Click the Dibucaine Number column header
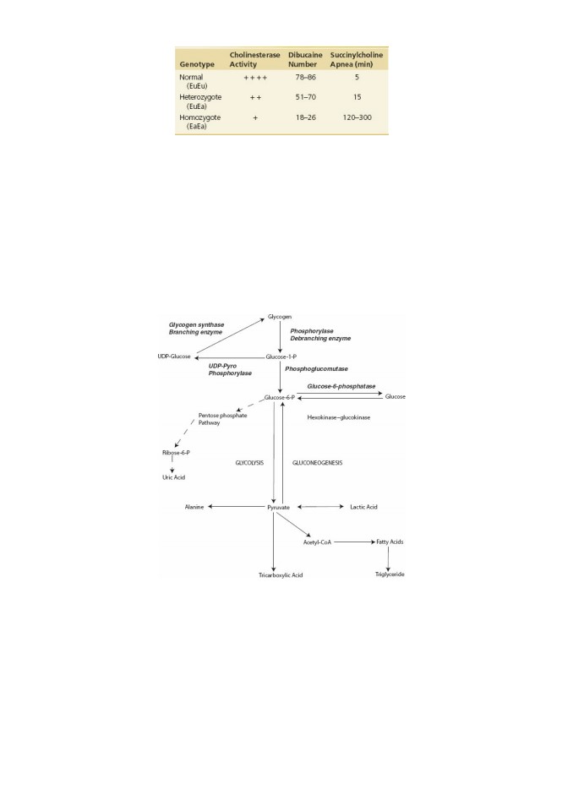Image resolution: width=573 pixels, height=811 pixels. click(x=305, y=59)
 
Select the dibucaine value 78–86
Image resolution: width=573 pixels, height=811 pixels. click(x=305, y=77)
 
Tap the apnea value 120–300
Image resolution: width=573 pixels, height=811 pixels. click(x=357, y=117)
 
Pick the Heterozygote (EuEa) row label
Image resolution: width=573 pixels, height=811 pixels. click(x=200, y=101)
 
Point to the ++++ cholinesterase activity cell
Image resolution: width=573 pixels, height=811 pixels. click(x=255, y=78)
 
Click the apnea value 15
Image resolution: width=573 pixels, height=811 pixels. click(x=357, y=96)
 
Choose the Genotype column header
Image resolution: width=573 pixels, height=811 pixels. click(x=197, y=64)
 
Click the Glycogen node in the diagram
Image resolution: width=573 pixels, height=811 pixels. click(x=280, y=317)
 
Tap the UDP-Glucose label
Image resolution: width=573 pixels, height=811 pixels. click(x=174, y=357)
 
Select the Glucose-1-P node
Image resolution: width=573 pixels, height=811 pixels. click(x=281, y=357)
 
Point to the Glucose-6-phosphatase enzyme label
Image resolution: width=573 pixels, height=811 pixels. click(x=341, y=386)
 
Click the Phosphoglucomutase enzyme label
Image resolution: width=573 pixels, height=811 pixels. click(x=316, y=369)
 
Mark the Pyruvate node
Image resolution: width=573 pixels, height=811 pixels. click(x=279, y=508)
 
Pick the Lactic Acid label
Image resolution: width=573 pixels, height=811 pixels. click(x=363, y=507)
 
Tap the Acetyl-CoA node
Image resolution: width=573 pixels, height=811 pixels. click(x=317, y=542)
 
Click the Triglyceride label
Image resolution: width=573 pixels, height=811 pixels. click(x=390, y=574)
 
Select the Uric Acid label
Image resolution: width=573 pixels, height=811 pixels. click(x=173, y=477)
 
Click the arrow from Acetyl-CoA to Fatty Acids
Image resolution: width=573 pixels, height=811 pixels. click(x=355, y=542)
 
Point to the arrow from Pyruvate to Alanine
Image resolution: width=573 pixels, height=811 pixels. click(x=236, y=507)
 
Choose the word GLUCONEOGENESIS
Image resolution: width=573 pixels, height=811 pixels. click(x=317, y=463)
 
